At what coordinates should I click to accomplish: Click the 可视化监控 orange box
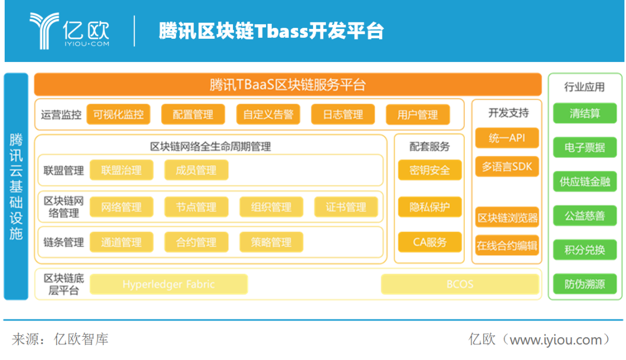point(118,115)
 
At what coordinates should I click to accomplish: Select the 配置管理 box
point(193,115)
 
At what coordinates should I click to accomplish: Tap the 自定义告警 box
point(268,115)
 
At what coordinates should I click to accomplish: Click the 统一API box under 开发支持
point(507,138)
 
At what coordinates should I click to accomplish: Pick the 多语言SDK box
point(507,166)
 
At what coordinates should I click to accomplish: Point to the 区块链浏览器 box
point(507,217)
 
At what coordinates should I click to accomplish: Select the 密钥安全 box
point(430,170)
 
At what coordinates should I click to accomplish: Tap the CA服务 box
point(430,242)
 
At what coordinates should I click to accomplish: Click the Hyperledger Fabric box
point(169,284)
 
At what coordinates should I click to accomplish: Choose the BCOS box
point(460,284)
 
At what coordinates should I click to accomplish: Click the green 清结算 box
point(585,114)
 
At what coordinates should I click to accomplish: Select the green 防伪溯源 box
point(585,284)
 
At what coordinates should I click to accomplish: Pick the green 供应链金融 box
point(585,181)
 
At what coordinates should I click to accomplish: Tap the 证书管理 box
point(345,207)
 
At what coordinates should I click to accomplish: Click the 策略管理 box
point(271,242)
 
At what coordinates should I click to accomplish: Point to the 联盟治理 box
point(121,170)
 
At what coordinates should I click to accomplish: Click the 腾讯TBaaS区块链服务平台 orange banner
point(287,85)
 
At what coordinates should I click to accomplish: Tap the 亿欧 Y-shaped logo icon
point(43,31)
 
